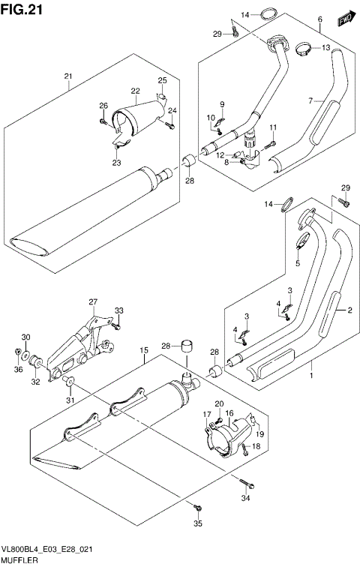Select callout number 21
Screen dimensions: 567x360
[x=67, y=76]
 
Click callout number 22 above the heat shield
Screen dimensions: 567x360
[x=136, y=91]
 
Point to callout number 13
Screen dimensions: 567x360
[x=326, y=48]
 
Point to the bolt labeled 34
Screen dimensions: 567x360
[x=243, y=481]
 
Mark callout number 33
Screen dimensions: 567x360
[x=118, y=310]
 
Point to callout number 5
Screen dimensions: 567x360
[x=297, y=263]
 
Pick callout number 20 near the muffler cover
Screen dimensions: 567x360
[x=220, y=405]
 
